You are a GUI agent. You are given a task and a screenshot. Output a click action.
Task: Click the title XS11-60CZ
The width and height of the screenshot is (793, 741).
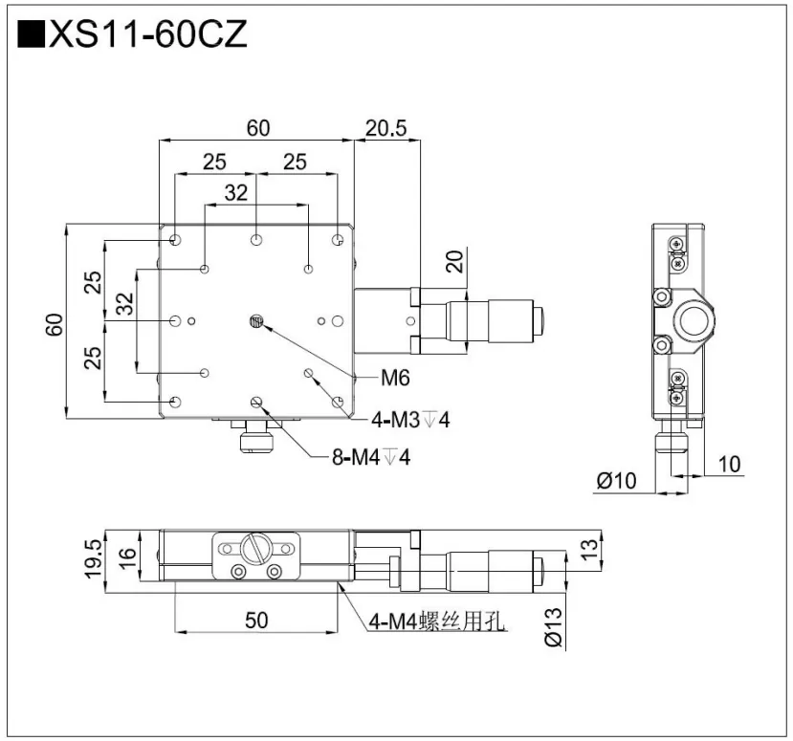pos(147,35)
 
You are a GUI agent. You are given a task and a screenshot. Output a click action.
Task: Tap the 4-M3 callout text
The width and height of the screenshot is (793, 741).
pos(410,420)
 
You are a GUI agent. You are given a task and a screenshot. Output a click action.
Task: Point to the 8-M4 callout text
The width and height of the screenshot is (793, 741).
pos(370,457)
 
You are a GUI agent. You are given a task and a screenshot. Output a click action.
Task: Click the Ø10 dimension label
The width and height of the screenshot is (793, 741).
pos(616,481)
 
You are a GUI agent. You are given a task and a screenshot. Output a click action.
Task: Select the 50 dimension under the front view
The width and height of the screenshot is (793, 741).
pos(255,620)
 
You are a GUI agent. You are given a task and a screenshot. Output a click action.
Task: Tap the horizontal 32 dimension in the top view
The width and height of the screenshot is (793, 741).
pos(235,192)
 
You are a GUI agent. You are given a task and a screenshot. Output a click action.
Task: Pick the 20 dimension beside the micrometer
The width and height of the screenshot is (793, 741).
pos(455,261)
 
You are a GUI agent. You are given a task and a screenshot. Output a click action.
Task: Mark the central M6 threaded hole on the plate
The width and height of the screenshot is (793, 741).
pos(255,321)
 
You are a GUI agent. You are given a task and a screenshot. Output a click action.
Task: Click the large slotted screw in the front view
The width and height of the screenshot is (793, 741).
pos(255,548)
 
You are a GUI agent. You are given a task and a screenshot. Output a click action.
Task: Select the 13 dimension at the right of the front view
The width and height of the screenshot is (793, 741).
pos(590,549)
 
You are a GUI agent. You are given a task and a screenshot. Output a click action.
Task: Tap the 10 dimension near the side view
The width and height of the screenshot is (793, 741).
pos(729,465)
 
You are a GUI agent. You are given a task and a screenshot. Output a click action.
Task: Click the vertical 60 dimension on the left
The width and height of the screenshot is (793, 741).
pos(55,323)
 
